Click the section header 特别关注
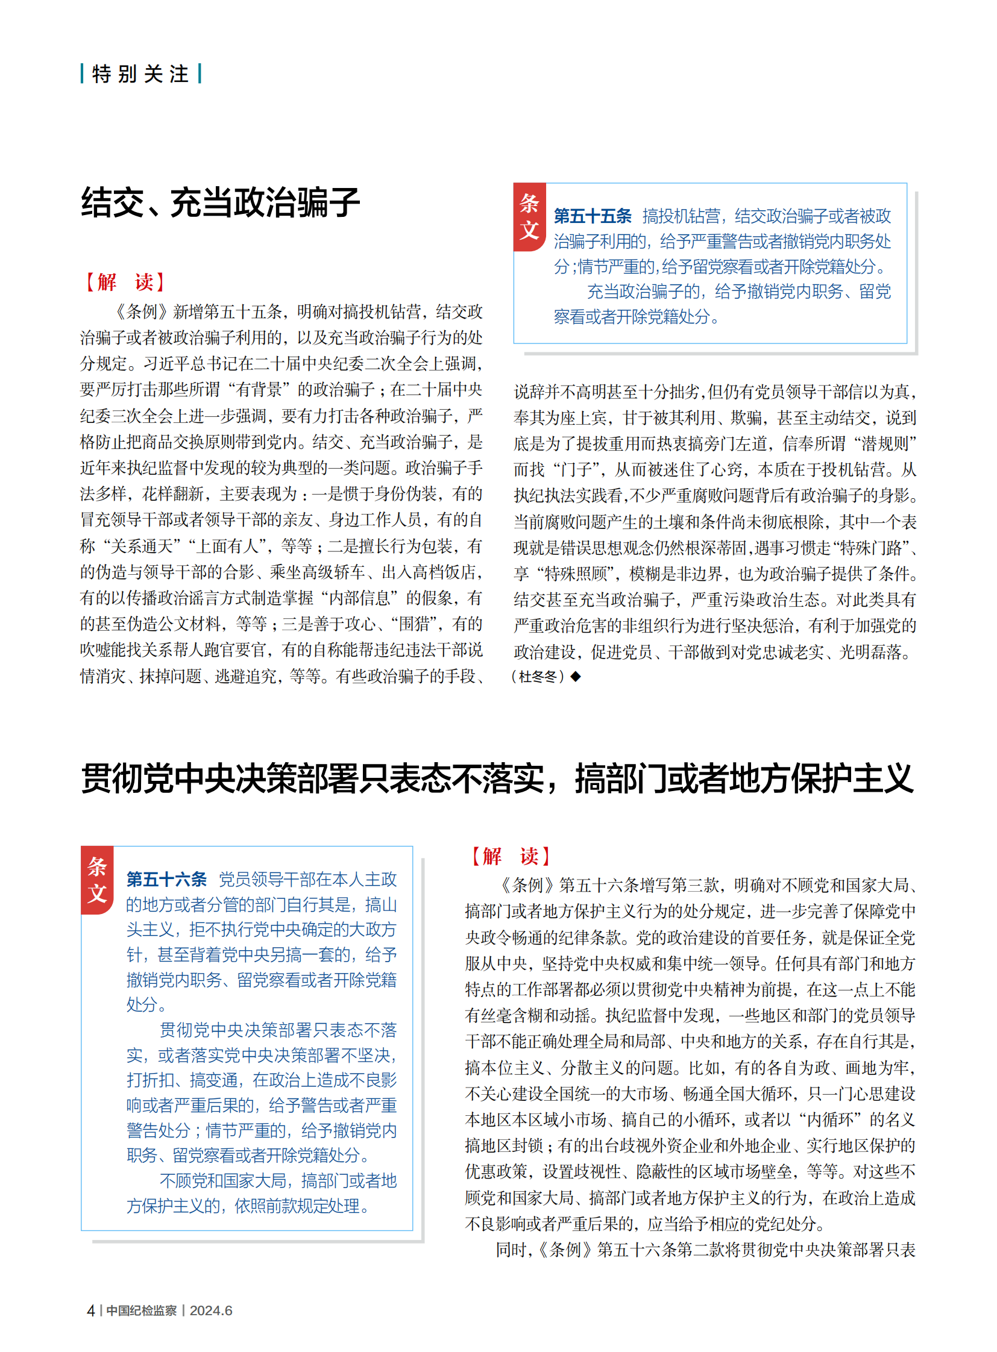[x=140, y=74]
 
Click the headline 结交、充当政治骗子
[x=220, y=202]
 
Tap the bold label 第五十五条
[x=593, y=216]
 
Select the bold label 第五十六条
[x=166, y=879]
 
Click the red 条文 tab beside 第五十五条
[x=529, y=216]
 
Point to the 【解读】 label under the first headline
[x=125, y=282]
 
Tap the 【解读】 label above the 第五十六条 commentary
[x=510, y=856]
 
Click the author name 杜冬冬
[x=538, y=677]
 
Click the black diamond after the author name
[x=576, y=677]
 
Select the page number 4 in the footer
[x=90, y=1310]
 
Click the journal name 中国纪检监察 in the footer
[x=141, y=1310]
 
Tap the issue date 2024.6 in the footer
[x=210, y=1310]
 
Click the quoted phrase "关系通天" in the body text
[x=143, y=546]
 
